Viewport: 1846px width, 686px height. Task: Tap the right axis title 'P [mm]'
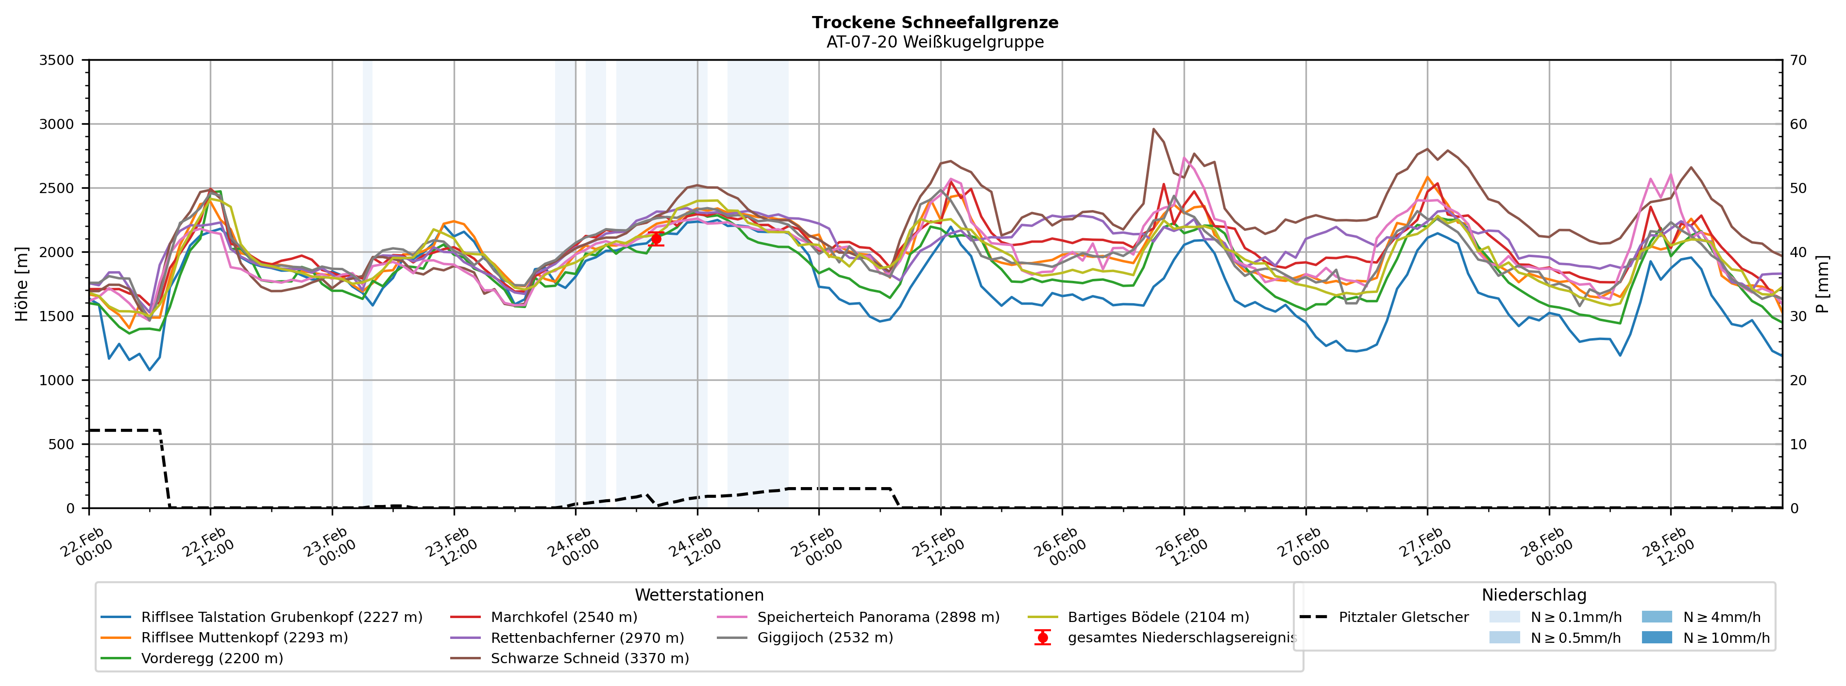(x=1822, y=283)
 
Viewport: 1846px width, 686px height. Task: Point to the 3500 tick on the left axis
(x=57, y=60)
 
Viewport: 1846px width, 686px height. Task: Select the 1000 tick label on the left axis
(x=57, y=380)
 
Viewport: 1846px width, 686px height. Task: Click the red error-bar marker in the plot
(x=656, y=239)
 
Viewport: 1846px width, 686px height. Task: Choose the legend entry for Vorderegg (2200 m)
(x=211, y=658)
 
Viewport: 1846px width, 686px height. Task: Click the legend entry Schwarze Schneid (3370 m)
(x=589, y=658)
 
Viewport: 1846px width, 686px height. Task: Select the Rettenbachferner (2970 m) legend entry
(x=587, y=637)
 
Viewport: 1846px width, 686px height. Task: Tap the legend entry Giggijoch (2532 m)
(x=825, y=637)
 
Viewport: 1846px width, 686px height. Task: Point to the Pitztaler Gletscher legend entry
(x=1403, y=617)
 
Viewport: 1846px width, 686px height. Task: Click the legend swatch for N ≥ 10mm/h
(x=1656, y=637)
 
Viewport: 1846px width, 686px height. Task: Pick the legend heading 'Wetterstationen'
(x=699, y=595)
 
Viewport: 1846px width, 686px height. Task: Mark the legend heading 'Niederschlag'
(x=1534, y=595)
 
